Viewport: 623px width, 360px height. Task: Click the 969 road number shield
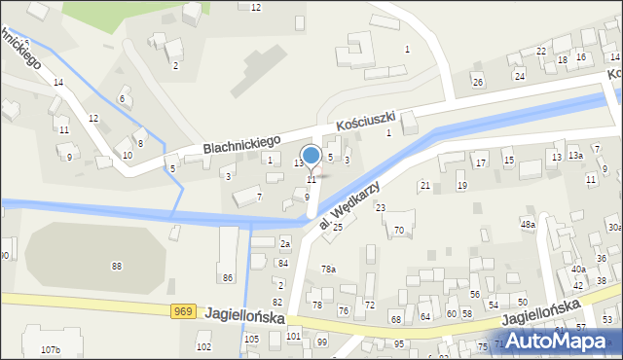click(182, 310)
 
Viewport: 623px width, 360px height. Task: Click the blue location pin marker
click(311, 157)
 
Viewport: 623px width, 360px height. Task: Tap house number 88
click(117, 266)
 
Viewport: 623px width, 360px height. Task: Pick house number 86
click(228, 278)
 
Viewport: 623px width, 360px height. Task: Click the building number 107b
click(51, 349)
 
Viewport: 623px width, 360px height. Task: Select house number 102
click(203, 346)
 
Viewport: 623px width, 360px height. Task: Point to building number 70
click(399, 231)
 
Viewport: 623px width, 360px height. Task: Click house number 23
click(381, 207)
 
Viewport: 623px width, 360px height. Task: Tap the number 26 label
click(477, 82)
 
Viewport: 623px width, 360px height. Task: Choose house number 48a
click(528, 225)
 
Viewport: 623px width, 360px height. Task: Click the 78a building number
click(329, 269)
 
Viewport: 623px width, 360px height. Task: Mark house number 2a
click(285, 243)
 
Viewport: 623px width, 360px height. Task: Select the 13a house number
click(575, 156)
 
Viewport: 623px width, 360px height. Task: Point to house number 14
click(58, 83)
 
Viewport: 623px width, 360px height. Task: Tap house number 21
click(424, 185)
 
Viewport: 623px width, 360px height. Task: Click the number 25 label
click(338, 227)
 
